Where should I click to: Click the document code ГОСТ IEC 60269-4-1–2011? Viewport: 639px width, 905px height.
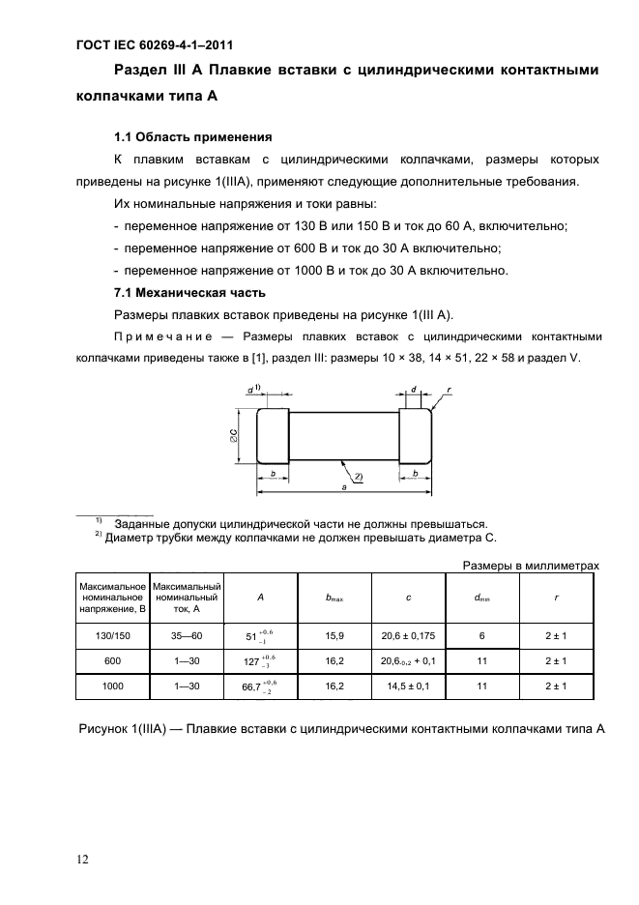coord(154,44)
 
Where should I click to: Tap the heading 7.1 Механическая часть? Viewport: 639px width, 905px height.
coord(190,292)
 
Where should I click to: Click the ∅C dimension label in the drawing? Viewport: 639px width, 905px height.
coord(234,437)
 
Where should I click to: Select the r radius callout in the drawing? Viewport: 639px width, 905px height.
coord(450,391)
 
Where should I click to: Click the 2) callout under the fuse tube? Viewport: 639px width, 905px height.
coord(358,476)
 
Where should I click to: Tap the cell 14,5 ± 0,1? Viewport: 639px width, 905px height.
coord(408,686)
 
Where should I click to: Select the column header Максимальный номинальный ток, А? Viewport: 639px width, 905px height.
coord(188,598)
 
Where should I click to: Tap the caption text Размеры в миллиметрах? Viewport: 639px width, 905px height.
coord(532,566)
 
